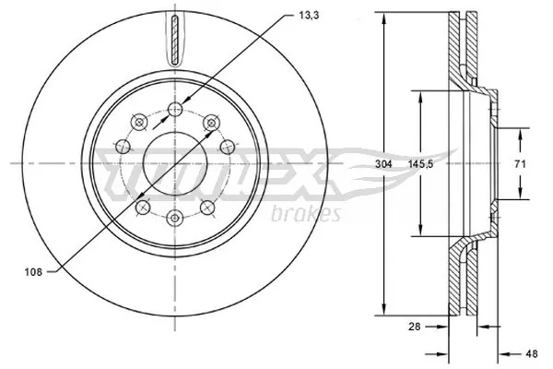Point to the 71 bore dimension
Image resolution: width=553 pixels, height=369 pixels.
[x=519, y=163]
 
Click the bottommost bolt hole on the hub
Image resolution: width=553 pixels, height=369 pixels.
[x=173, y=217]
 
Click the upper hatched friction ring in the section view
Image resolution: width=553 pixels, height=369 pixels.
[x=461, y=46]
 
